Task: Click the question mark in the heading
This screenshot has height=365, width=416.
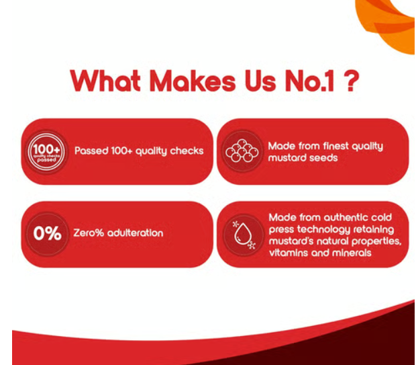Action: (352, 80)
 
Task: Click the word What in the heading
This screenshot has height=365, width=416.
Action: (105, 81)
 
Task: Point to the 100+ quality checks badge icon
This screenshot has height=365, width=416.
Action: (46, 152)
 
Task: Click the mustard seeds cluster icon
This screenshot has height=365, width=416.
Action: (242, 151)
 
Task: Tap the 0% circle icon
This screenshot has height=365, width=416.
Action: (47, 234)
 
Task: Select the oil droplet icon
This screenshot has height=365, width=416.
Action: (244, 235)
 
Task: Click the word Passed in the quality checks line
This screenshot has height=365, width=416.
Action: (91, 151)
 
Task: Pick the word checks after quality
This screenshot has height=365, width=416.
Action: (187, 151)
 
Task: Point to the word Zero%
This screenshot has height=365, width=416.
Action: (89, 233)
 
